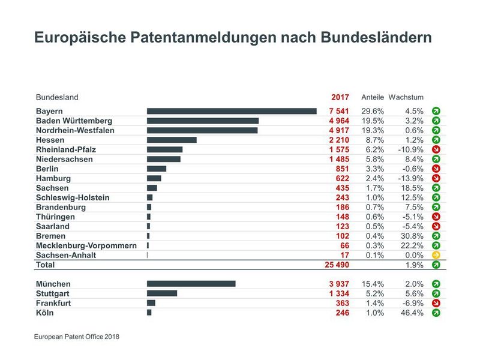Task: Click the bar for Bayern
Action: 232,111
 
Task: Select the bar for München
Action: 191,284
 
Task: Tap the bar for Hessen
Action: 172,140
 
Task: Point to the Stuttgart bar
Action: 162,293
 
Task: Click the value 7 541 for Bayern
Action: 338,111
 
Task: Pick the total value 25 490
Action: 336,265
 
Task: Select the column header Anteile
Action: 372,97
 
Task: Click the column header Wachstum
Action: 406,97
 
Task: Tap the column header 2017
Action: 340,97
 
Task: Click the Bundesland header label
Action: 57,97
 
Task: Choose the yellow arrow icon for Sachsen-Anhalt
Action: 436,255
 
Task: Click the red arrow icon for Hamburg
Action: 436,178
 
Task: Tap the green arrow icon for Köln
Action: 436,313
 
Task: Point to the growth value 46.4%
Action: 412,313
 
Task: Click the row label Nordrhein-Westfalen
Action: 75,130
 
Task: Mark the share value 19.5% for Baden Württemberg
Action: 373,121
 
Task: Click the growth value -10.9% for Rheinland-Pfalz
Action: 410,149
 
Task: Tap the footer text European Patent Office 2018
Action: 77,337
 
